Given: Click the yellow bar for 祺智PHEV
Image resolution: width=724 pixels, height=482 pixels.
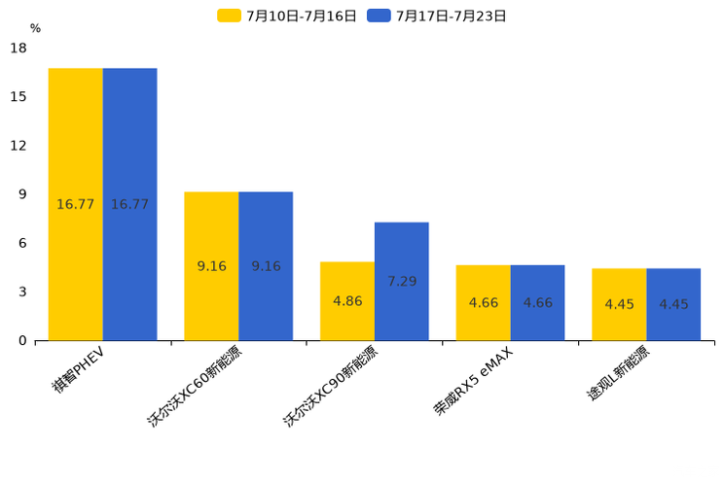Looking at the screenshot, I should (76, 204).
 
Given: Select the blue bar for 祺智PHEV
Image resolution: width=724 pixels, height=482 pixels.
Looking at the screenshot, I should (129, 204).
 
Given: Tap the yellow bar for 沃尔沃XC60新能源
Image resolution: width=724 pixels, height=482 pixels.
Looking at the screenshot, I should (211, 265).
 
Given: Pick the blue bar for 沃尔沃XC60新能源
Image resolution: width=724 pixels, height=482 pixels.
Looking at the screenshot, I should (266, 265).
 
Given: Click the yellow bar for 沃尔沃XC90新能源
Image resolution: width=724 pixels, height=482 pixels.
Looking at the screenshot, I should (347, 301).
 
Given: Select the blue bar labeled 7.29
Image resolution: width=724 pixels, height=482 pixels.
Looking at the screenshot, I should (402, 281).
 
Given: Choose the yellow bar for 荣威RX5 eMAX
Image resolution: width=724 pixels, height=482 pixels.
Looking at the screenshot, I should (484, 302).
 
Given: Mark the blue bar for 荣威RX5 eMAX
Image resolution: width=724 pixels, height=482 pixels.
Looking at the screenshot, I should (537, 302).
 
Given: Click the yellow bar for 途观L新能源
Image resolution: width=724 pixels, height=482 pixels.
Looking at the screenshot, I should (619, 304).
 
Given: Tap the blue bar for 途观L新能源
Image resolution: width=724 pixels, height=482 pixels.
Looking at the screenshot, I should (673, 304).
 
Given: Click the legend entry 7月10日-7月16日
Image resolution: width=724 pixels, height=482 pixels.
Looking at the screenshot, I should (288, 16).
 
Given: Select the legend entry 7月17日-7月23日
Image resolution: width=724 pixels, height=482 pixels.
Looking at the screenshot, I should (438, 16).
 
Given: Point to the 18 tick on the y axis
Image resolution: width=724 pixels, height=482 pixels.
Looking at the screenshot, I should (18, 49).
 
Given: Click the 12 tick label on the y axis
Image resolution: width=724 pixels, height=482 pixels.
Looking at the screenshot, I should (18, 146).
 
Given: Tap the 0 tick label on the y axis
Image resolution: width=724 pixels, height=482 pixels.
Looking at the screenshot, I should (22, 340).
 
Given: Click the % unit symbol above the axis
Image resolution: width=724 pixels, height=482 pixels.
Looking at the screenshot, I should (35, 29).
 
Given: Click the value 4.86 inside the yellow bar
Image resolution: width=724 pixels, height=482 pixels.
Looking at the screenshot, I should (347, 301).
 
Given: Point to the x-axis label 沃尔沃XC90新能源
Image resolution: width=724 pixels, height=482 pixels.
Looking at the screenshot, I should (331, 386).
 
